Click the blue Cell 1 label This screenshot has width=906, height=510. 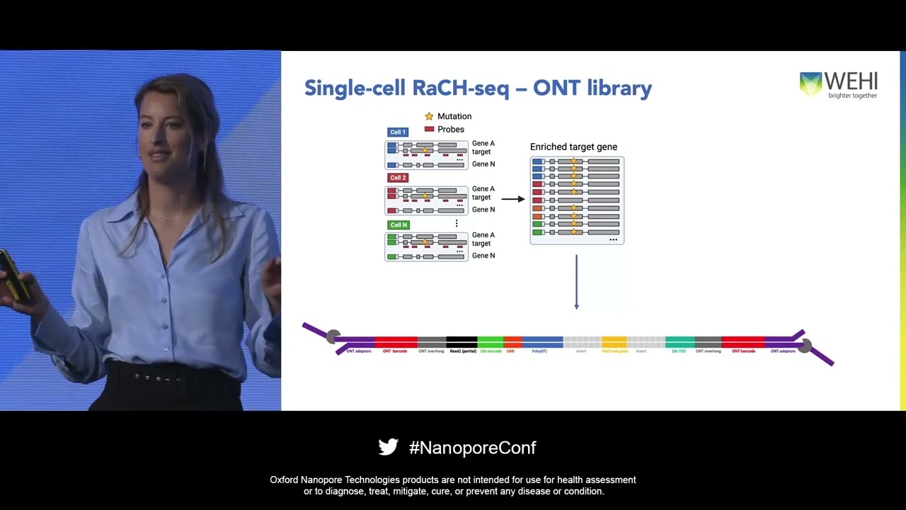[398, 132]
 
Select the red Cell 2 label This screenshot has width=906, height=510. [398, 178]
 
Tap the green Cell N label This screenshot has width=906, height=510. [398, 225]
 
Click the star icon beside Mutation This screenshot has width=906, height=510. [429, 116]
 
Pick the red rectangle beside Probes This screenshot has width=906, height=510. [429, 129]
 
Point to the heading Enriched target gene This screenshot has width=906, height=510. [573, 147]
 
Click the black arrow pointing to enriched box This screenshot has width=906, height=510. [512, 199]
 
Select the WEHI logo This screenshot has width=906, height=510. [838, 85]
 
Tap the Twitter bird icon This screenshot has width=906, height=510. [388, 447]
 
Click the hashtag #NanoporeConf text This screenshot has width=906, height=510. [472, 448]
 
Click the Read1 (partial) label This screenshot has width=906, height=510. [463, 351]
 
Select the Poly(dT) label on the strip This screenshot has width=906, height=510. [539, 351]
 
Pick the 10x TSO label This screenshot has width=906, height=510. [678, 351]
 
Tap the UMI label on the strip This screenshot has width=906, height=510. [510, 351]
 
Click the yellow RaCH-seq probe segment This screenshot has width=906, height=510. [614, 341]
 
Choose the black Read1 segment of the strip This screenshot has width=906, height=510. [461, 341]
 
